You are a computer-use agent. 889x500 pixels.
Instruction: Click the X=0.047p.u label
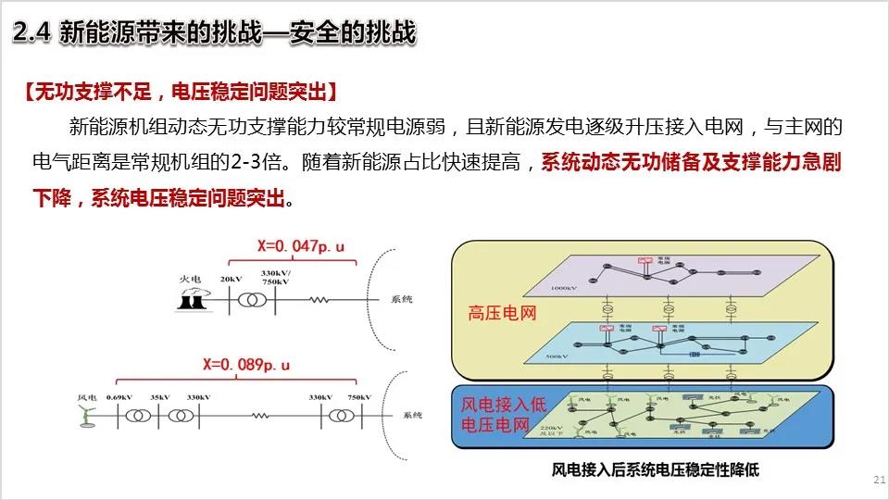coord(301,246)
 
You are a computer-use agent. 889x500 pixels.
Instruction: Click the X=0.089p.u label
coord(249,365)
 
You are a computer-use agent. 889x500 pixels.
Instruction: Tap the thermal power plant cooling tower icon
coord(192,299)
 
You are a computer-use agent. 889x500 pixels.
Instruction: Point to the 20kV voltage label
coord(232,279)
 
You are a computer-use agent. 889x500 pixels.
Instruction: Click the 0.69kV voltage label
coord(119,397)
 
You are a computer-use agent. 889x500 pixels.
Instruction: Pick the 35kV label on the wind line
coord(161,397)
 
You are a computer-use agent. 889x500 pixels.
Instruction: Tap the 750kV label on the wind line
coord(360,397)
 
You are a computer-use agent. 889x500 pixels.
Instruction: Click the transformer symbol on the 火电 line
coord(250,300)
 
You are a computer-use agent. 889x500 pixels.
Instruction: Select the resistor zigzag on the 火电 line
coord(319,300)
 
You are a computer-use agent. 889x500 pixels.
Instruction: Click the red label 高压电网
coord(504,313)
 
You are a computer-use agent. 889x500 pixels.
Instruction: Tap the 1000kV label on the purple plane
coord(563,288)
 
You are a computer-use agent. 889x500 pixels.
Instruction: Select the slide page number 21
coord(879,479)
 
